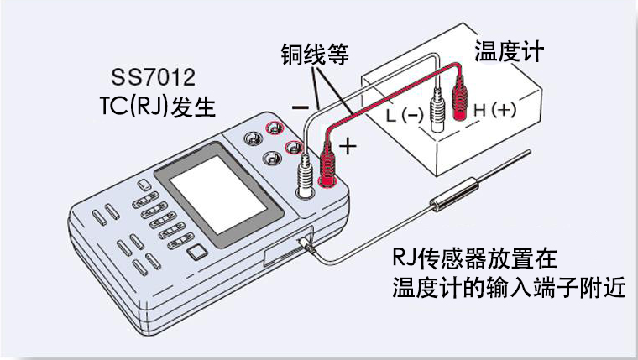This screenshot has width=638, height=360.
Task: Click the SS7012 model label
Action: (153, 77)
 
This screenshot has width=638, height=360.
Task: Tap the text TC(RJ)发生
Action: (158, 107)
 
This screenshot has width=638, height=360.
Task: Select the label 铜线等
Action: (315, 54)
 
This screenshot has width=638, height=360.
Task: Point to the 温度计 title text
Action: (509, 51)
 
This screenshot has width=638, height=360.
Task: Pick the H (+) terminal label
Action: (495, 110)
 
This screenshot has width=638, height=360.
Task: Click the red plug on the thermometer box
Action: (460, 98)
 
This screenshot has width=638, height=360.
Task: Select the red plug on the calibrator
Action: (327, 166)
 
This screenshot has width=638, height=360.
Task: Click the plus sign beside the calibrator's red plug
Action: (348, 146)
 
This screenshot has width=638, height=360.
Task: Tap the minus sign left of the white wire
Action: (301, 107)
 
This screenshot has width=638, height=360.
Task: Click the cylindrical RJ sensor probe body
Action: (456, 195)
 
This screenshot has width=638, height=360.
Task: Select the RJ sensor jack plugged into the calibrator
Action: (306, 245)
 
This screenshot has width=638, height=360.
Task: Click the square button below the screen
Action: (198, 253)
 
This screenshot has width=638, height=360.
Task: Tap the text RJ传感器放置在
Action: (474, 258)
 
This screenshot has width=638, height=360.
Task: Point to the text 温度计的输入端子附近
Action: (509, 287)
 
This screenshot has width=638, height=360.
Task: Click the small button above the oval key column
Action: (144, 185)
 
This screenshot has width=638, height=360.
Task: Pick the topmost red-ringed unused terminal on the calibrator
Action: (275, 129)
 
